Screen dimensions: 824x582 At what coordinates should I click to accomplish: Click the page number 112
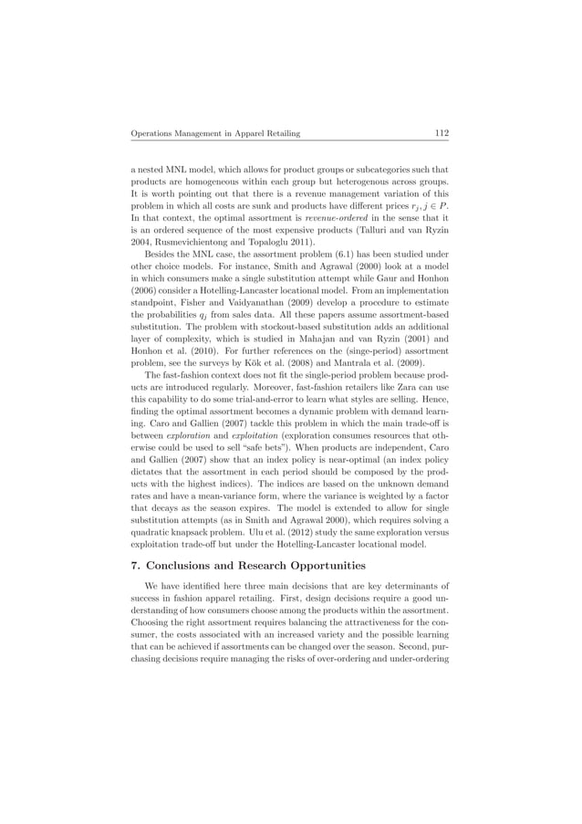click(x=441, y=134)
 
